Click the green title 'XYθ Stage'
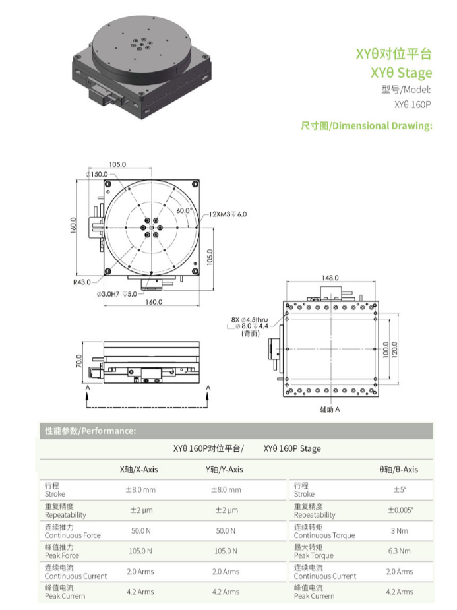tap(401, 73)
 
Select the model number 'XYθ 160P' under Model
tap(413, 105)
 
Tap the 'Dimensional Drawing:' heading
tap(382, 126)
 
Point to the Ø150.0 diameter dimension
tap(97, 174)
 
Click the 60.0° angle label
tap(185, 210)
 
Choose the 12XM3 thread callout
tap(228, 214)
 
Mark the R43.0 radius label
tap(82, 282)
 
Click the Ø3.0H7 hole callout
tap(117, 294)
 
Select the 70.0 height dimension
tap(79, 361)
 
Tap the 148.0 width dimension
tap(330, 278)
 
